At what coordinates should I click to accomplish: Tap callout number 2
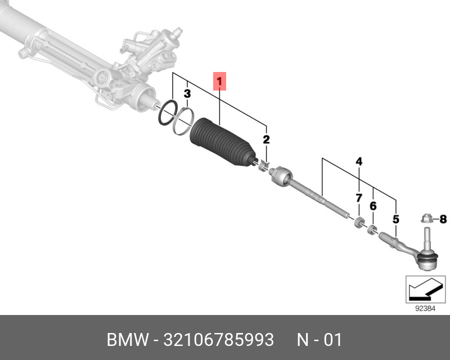266,139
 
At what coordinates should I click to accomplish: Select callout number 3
188,93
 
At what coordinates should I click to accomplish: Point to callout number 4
358,163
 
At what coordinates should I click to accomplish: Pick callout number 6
372,206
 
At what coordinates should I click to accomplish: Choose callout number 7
358,198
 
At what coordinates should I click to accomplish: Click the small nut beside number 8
426,218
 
